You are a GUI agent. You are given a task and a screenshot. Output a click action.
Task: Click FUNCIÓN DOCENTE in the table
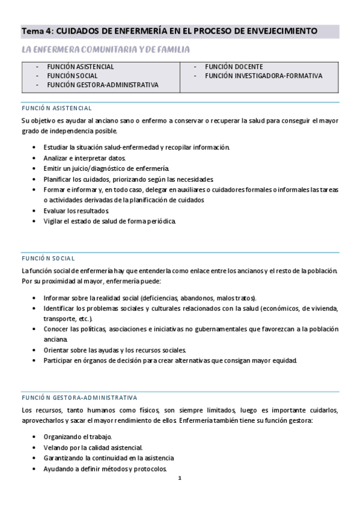(x=234, y=67)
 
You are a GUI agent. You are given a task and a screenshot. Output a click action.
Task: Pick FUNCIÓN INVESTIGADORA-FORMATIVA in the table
(x=263, y=76)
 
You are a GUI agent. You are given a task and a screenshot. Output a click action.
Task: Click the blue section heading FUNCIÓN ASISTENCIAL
(x=56, y=108)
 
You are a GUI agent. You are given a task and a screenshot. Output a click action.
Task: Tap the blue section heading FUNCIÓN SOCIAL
(x=47, y=258)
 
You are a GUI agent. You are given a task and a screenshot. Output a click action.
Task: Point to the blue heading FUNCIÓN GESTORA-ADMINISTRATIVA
(x=79, y=398)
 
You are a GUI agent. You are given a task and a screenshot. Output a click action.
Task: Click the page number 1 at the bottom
(x=179, y=478)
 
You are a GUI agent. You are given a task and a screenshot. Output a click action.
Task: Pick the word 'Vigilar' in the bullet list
(x=53, y=221)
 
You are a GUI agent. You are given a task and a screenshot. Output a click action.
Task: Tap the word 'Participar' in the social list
(x=58, y=361)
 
